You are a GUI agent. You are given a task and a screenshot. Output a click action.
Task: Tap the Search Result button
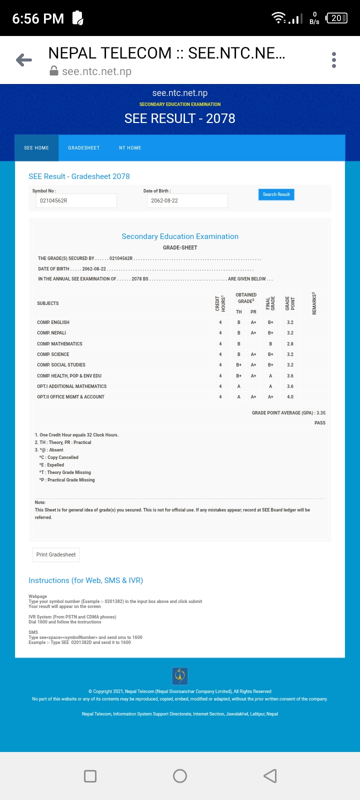coord(276,194)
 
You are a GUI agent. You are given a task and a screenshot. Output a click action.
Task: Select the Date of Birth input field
coord(187,200)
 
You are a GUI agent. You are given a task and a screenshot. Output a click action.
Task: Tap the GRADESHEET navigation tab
coord(84,148)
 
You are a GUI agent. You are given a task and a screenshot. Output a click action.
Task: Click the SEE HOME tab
coord(36,148)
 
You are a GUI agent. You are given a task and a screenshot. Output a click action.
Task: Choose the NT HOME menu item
coord(130,148)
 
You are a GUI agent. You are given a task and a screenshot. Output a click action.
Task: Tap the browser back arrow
coord(24,60)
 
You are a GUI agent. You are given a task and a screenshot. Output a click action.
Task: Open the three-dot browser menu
coord(334,60)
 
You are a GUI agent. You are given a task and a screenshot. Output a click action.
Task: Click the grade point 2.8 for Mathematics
coord(290,344)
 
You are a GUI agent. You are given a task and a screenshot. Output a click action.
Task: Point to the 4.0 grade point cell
coord(290,397)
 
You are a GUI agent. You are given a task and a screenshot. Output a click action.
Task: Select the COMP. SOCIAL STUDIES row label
coord(61,365)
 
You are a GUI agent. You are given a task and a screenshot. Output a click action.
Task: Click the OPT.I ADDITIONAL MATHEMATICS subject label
coord(71,386)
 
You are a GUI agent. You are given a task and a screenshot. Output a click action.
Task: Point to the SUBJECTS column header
coord(48,303)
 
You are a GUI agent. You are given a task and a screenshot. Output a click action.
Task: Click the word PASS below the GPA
coord(320,423)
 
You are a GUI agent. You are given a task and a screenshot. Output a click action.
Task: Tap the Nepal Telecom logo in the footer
coord(180,676)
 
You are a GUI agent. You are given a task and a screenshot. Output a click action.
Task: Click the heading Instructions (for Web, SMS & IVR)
coord(85,580)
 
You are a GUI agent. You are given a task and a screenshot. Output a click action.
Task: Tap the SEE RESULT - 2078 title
coord(180,118)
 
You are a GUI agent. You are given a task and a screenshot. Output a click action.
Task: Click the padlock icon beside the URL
coord(54,71)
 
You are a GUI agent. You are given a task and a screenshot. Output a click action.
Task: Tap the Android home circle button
coord(180,776)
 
